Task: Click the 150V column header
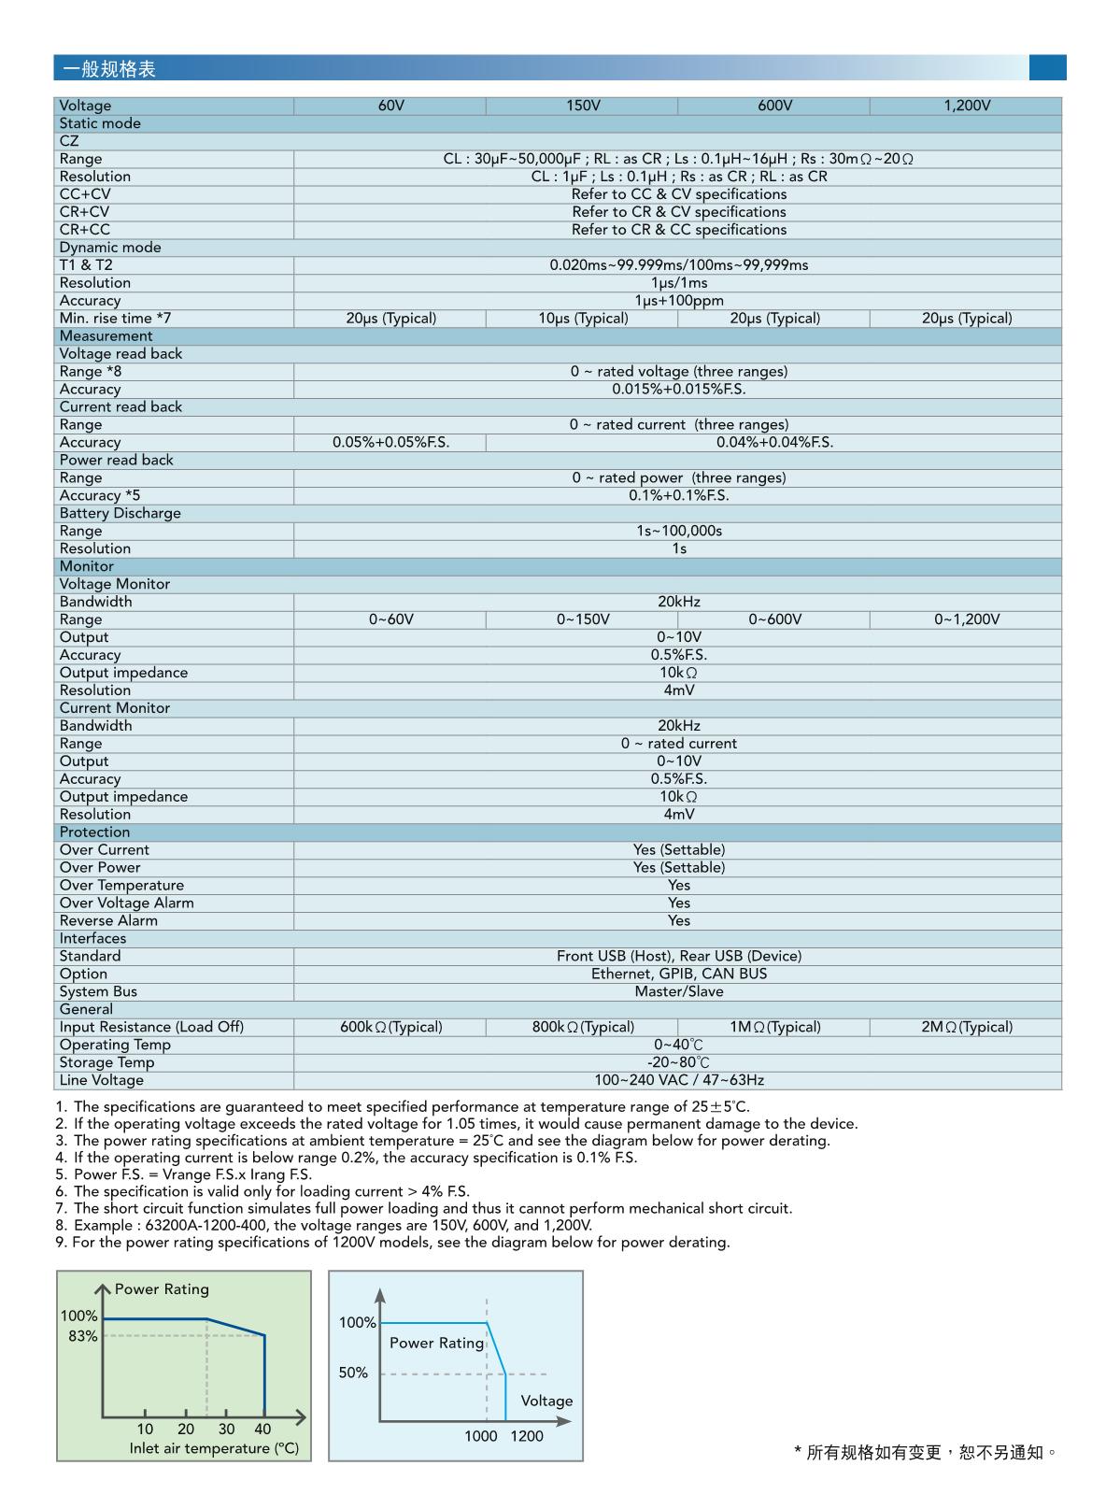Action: pos(583,106)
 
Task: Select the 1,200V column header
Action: pos(966,106)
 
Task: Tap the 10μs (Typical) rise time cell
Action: pos(583,319)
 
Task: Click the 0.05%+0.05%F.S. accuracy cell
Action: pos(390,443)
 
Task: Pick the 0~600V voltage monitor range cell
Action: pos(774,619)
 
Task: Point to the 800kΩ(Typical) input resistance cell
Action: pos(583,1027)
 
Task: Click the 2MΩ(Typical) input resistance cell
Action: pos(966,1027)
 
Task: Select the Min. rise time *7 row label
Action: pos(115,319)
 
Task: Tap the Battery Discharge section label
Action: pos(120,514)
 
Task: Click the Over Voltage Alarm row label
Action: pos(126,904)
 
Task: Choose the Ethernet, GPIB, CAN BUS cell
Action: pos(678,974)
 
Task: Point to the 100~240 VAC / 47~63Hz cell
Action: pos(678,1080)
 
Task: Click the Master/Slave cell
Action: pos(678,991)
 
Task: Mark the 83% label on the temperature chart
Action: pos(83,1336)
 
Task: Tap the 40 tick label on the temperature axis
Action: pos(262,1429)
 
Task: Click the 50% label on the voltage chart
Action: pos(353,1373)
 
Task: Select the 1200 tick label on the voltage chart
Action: pos(526,1436)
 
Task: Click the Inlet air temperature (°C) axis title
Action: pos(214,1448)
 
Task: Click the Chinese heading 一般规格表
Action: pos(108,69)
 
